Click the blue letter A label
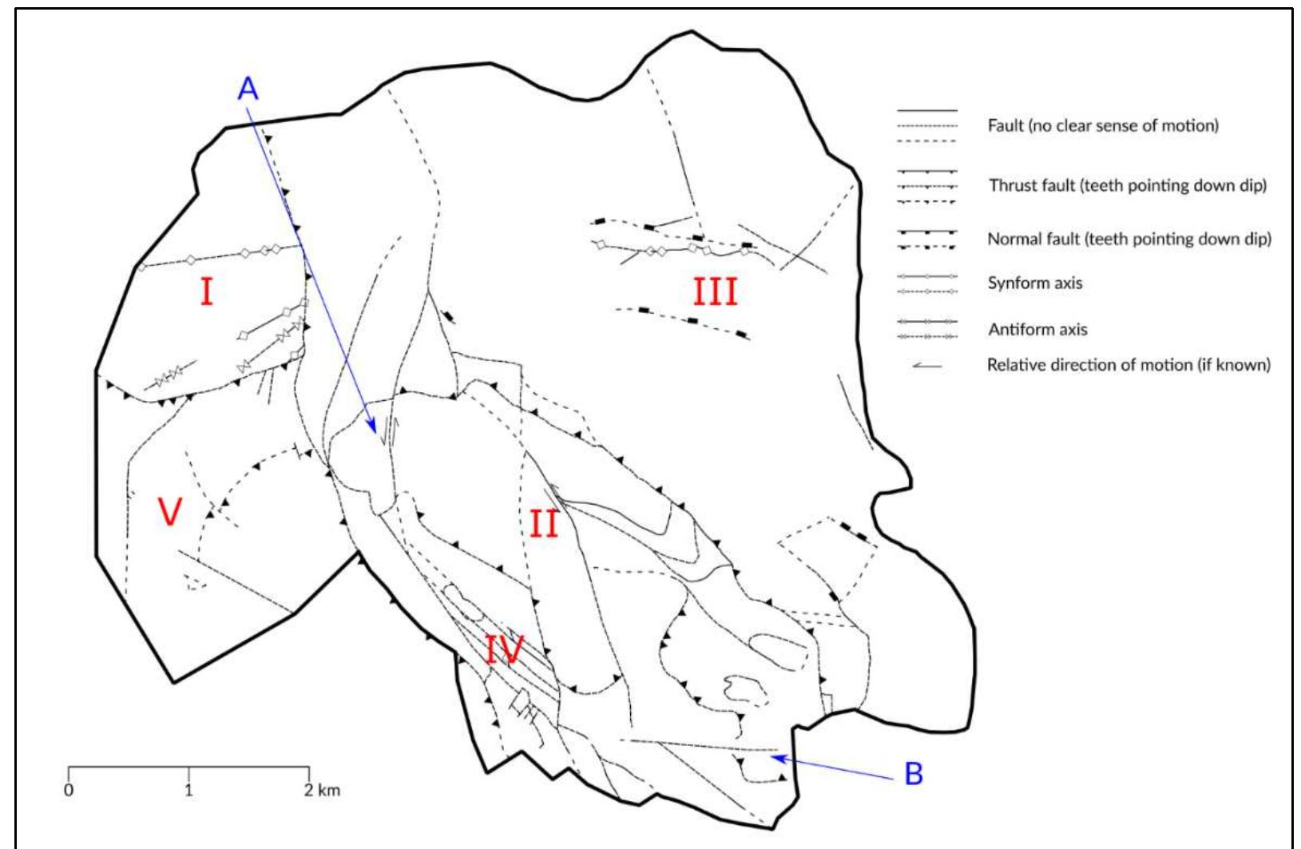[248, 89]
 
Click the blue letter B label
[914, 774]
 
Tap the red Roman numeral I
[206, 294]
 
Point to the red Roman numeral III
[715, 292]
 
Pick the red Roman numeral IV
[504, 651]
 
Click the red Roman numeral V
[169, 512]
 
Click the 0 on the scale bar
[69, 791]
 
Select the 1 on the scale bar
[188, 791]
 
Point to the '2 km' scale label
[323, 791]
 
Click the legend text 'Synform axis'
[1035, 283]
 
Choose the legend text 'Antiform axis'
[1037, 329]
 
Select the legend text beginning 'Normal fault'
[1129, 239]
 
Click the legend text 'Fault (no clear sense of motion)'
[1103, 126]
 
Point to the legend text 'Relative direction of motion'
[1128, 365]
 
